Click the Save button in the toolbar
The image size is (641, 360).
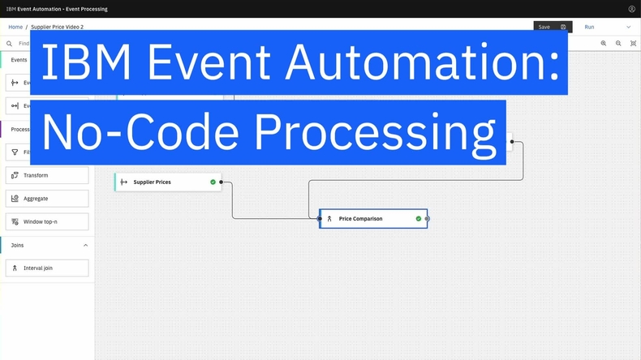point(553,27)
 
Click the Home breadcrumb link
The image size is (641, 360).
point(15,27)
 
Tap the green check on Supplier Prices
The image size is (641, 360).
point(213,182)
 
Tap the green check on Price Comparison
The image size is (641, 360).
point(419,219)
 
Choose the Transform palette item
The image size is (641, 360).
point(47,175)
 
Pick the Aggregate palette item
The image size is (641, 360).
point(47,199)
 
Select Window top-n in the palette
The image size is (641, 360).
point(47,221)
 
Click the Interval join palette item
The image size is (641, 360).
point(47,268)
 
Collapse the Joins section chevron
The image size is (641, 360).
point(85,245)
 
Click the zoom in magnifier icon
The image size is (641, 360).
point(604,44)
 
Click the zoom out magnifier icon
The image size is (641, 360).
point(618,44)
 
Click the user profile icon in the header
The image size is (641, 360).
point(632,9)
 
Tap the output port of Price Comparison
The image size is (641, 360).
point(428,219)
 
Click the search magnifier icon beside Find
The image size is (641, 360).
point(10,44)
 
